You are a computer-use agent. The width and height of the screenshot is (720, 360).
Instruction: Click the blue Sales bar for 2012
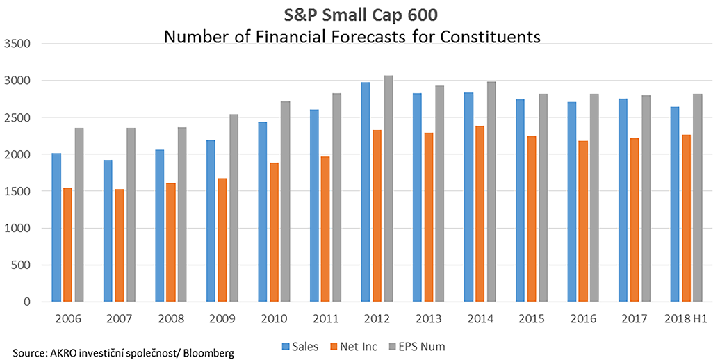(365, 192)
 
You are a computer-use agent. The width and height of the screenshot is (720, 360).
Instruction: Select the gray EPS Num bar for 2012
(388, 188)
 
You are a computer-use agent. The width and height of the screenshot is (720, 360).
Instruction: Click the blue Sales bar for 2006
(56, 227)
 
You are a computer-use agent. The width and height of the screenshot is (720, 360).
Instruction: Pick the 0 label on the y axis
(26, 302)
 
